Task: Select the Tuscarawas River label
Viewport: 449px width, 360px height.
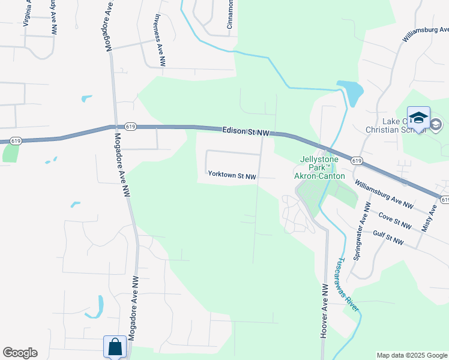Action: click(x=347, y=284)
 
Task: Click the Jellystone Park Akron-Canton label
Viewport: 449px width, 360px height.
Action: click(x=319, y=168)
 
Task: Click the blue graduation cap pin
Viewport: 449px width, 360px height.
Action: click(x=418, y=117)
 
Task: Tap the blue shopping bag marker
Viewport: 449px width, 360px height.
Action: click(x=115, y=347)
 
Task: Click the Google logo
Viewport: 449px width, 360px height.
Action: click(x=20, y=353)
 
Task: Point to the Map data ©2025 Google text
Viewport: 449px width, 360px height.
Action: click(x=412, y=355)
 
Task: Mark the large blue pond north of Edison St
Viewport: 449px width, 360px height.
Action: click(x=351, y=92)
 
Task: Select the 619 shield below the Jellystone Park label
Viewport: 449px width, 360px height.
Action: click(x=357, y=161)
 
